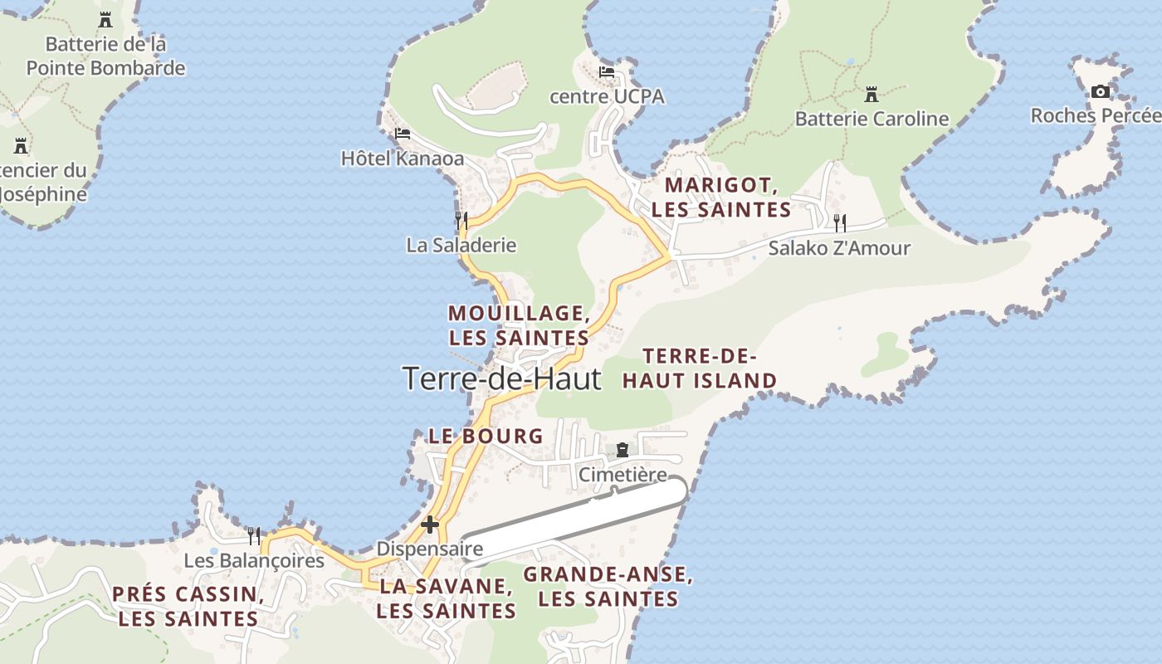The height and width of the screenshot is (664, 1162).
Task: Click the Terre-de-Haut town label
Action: [x=501, y=378]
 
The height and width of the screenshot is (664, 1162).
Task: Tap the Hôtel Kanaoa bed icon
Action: [x=403, y=133]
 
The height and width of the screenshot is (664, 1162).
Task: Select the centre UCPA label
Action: [x=607, y=96]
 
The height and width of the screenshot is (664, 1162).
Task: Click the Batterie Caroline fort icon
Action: [x=871, y=95]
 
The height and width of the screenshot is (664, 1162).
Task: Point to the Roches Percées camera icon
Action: [x=1100, y=91]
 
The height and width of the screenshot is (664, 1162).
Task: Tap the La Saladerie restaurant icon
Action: [x=461, y=221]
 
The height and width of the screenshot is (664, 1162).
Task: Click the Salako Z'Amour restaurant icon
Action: [x=840, y=222]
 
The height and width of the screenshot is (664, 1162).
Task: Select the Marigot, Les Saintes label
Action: [x=720, y=197]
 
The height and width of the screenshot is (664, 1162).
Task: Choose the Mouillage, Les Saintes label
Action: [x=519, y=325]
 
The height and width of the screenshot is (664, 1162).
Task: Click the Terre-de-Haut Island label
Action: [x=700, y=369]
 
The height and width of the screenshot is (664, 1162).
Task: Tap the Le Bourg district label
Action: [x=486, y=436]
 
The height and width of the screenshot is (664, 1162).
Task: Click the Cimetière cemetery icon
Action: [x=622, y=450]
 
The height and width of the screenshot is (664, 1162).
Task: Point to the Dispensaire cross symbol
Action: [x=429, y=525]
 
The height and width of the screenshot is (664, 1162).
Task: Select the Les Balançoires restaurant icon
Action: [x=254, y=536]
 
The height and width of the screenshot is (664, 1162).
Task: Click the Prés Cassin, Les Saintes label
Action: [x=188, y=606]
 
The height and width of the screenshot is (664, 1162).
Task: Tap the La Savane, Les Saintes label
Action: [x=446, y=598]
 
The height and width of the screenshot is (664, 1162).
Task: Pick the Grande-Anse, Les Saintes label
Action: [x=608, y=586]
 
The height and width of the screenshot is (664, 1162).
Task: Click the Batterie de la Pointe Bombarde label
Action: [x=105, y=56]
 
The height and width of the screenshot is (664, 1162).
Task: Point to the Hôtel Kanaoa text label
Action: [x=403, y=158]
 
